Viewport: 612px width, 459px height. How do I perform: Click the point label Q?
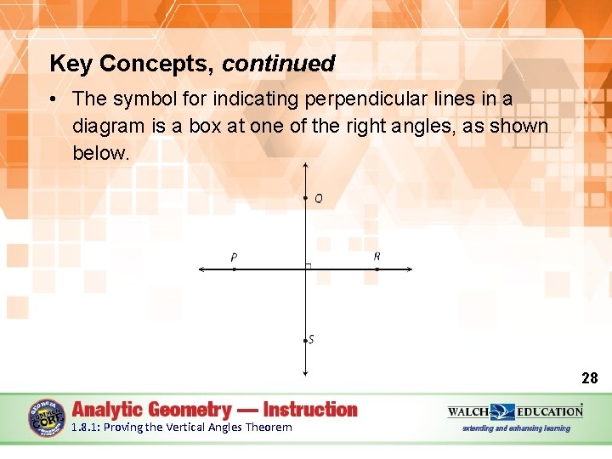[318, 199]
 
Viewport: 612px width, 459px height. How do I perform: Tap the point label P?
[234, 258]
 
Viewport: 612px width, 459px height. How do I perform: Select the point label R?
[377, 256]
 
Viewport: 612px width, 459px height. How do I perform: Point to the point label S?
[311, 339]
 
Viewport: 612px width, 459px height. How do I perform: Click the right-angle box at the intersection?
[309, 266]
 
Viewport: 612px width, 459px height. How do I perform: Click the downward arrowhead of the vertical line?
[305, 371]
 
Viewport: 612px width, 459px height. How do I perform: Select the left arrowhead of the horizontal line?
[201, 269]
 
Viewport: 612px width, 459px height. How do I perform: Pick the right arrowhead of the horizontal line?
[409, 269]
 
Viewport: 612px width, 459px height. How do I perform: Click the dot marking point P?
[234, 269]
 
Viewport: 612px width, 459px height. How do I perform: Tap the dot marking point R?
[377, 269]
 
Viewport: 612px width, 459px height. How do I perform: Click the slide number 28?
[589, 378]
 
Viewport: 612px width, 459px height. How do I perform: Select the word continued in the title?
[279, 64]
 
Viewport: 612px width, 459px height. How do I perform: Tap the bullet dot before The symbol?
[54, 99]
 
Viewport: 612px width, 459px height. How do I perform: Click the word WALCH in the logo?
[468, 411]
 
